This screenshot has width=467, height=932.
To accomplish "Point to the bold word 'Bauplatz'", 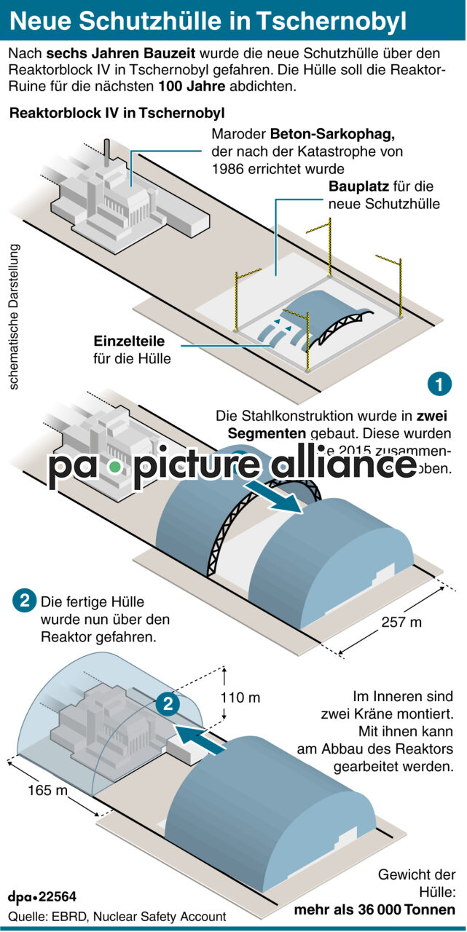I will (358, 186).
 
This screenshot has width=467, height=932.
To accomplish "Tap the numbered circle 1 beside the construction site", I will (439, 384).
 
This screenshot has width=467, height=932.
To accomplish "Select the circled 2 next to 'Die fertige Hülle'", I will (25, 602).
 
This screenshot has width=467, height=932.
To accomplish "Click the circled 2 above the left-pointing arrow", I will (168, 704).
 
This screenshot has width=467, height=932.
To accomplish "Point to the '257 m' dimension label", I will (401, 623).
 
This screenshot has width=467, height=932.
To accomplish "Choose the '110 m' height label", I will (240, 698).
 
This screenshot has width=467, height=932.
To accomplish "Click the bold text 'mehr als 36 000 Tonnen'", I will (374, 910).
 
